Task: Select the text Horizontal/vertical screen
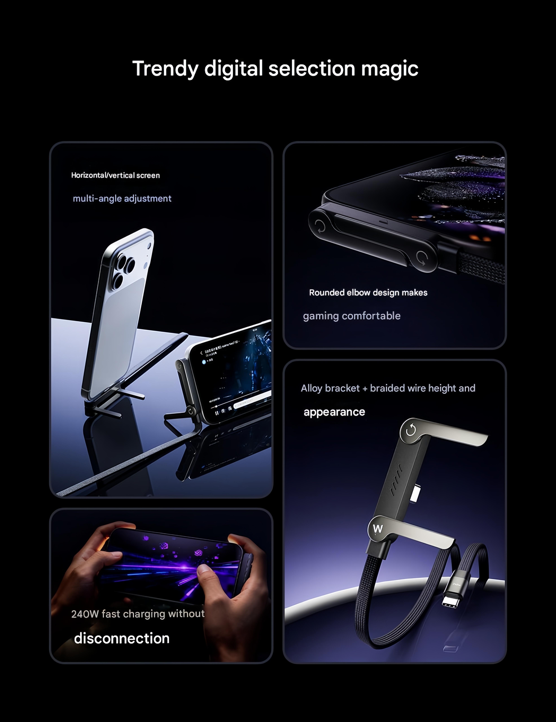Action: pos(115,175)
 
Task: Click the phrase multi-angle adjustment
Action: pos(122,198)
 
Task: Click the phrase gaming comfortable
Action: pos(352,316)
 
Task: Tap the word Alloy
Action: pos(312,388)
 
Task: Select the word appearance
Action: pos(334,412)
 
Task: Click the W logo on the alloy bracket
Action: pos(378,529)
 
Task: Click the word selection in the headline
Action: pos(312,69)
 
